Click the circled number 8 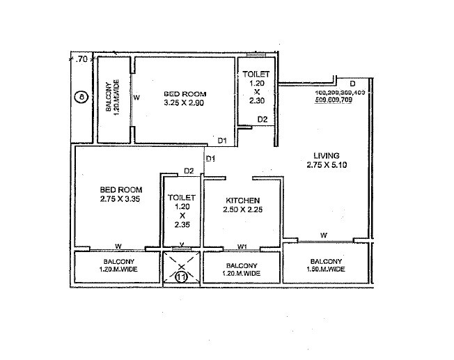(82, 98)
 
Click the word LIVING (325, 155)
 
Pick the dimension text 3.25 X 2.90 (184, 103)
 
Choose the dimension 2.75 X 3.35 (120, 199)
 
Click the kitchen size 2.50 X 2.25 (242, 209)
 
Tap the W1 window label (242, 246)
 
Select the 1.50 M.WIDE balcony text (326, 268)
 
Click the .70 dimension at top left (82, 60)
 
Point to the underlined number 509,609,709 (341, 99)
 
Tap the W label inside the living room (324, 236)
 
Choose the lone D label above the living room (352, 84)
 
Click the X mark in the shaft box (181, 266)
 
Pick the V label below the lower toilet (181, 245)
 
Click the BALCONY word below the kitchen (242, 266)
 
